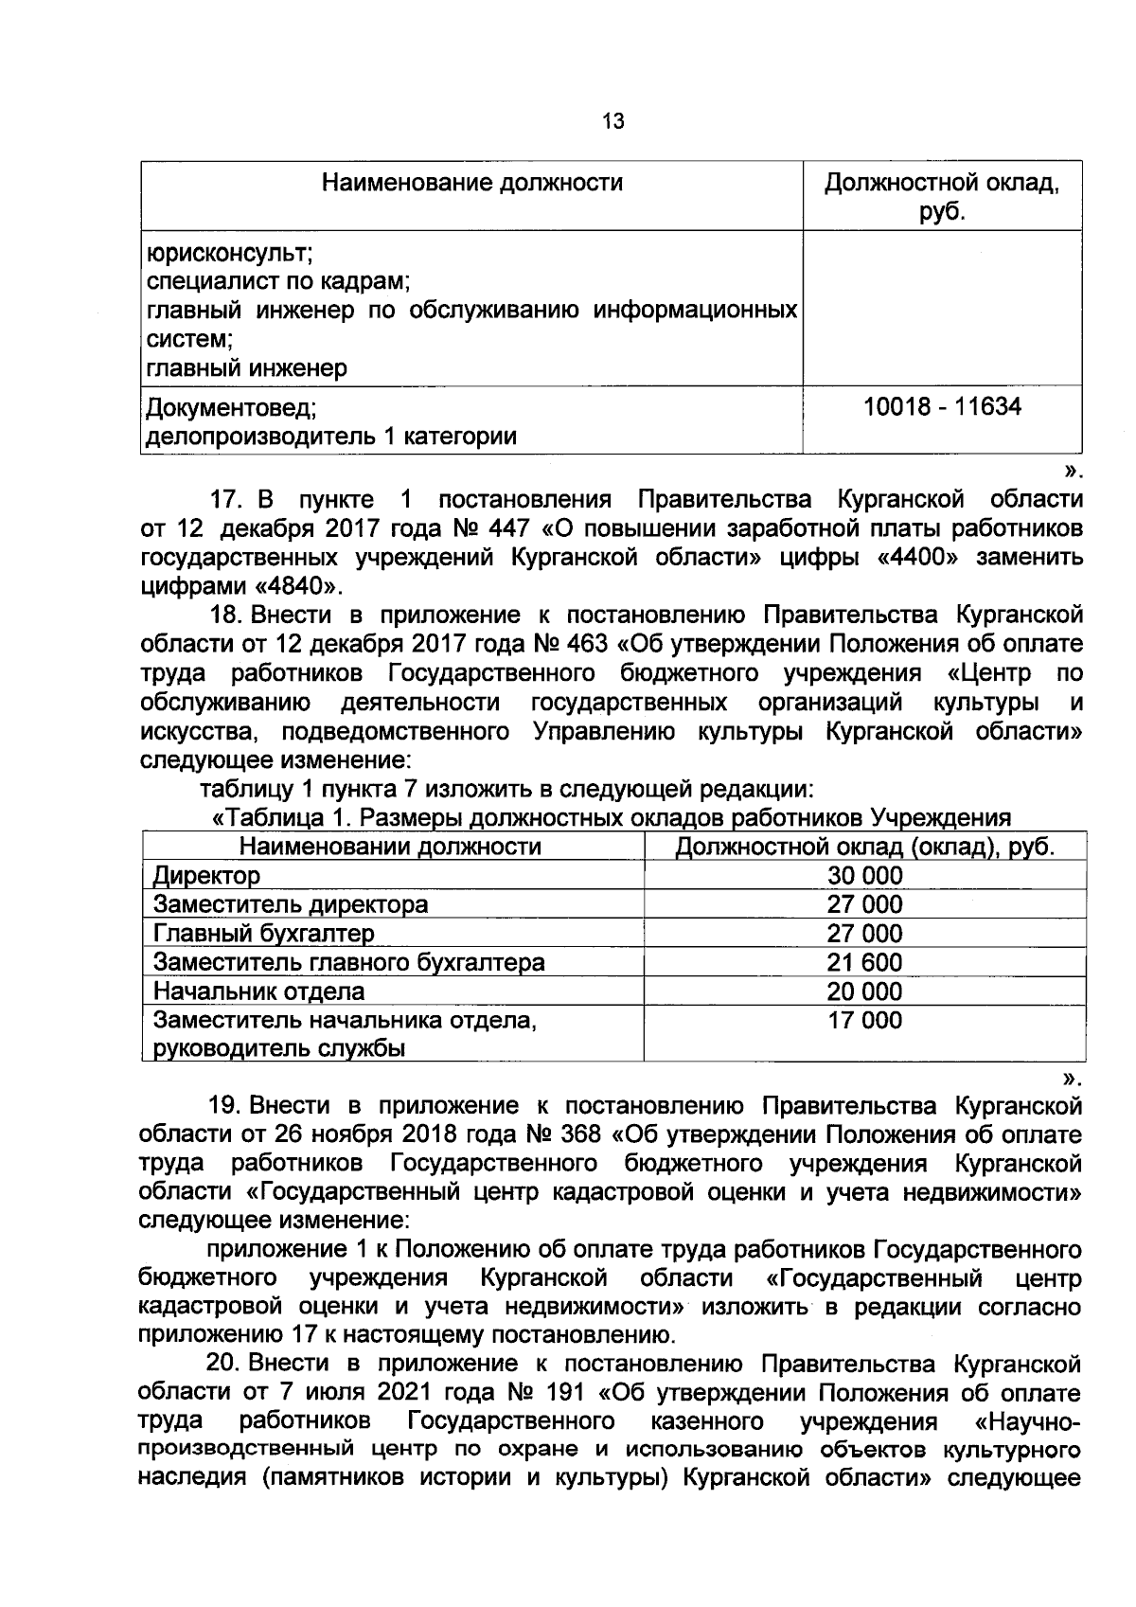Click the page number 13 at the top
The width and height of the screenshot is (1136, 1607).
click(x=612, y=121)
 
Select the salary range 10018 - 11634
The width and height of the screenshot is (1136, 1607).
click(x=942, y=407)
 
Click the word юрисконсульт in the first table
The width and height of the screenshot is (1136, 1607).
click(x=228, y=253)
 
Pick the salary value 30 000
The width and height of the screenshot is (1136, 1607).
click(x=864, y=875)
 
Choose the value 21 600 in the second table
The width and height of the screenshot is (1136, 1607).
click(x=864, y=962)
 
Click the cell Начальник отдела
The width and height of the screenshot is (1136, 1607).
click(x=258, y=991)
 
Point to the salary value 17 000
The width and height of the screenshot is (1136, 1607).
click(x=864, y=1020)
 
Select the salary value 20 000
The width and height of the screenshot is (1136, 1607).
click(x=864, y=991)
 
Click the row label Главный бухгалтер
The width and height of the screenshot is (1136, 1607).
click(x=263, y=934)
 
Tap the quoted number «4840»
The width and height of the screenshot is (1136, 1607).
click(x=293, y=586)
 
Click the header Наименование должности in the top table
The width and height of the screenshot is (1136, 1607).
click(x=472, y=182)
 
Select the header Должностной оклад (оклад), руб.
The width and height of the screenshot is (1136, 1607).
click(x=864, y=846)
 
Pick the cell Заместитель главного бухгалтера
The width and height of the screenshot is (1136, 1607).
click(x=348, y=962)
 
